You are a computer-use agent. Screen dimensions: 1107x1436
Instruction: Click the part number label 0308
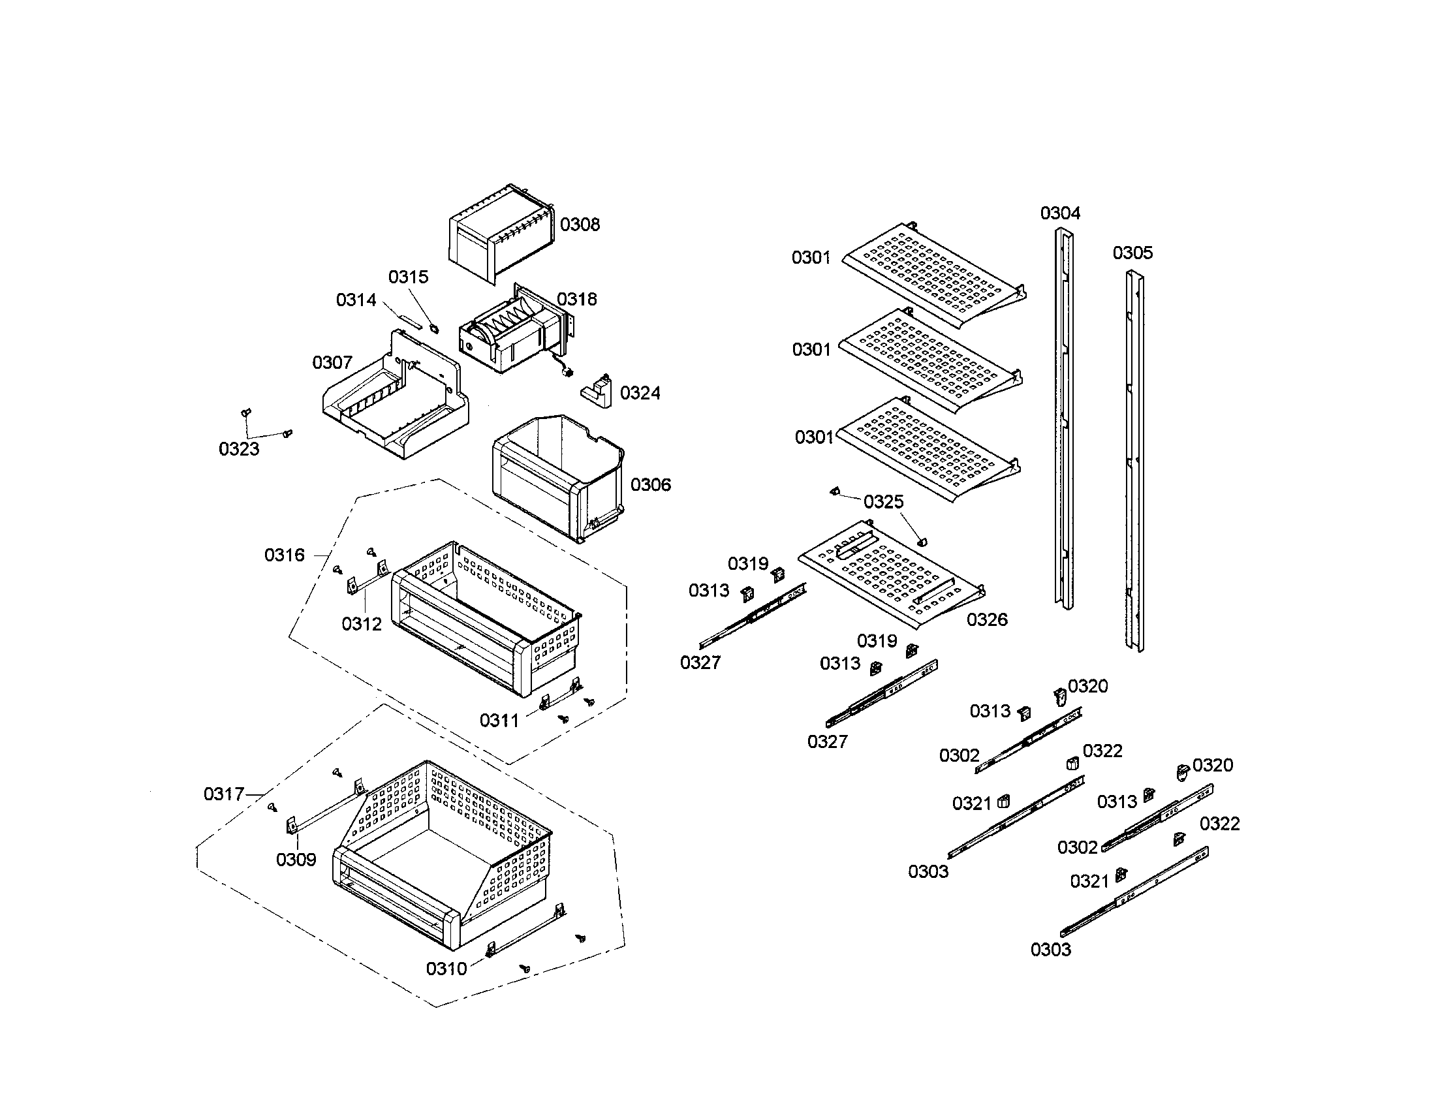coord(579,225)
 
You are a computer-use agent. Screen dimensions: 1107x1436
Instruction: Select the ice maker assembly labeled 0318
coord(510,335)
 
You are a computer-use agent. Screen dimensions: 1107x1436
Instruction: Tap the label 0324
coord(640,393)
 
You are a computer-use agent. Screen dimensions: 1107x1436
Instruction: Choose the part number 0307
coord(332,362)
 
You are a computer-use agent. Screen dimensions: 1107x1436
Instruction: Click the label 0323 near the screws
coord(239,449)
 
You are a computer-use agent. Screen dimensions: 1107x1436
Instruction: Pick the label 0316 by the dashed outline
coord(284,555)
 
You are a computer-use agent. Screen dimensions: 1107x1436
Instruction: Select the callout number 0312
coord(362,624)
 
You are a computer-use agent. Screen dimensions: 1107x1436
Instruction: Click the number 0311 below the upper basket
coord(499,721)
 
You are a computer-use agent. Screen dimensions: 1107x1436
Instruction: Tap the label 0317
coord(223,794)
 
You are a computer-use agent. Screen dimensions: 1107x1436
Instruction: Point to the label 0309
coord(296,859)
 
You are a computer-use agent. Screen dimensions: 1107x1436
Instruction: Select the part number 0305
coord(1132,253)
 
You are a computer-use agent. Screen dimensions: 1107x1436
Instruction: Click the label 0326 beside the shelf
coord(987,619)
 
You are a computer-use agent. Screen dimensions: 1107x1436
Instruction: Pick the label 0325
coord(883,502)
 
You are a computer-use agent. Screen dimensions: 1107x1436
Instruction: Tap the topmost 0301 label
coord(811,258)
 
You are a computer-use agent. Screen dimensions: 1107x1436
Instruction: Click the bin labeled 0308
coord(500,234)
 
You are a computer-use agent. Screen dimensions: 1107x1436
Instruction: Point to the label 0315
coord(408,277)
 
